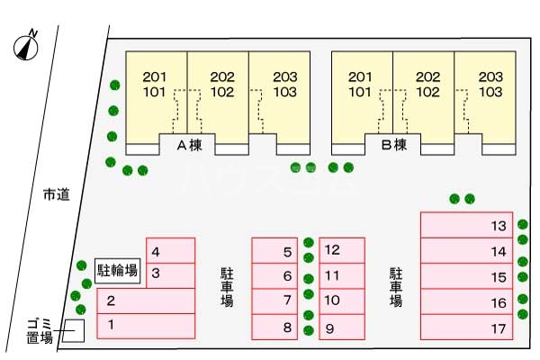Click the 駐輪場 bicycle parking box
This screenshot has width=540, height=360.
pyautogui.click(x=118, y=269)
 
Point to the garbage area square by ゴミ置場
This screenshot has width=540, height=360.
pyautogui.click(x=72, y=330)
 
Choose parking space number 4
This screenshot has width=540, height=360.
pyautogui.click(x=171, y=251)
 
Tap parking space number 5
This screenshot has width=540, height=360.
pyautogui.click(x=274, y=251)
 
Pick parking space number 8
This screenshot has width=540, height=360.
pyautogui.click(x=274, y=327)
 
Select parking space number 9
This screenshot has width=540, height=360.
pyautogui.click(x=341, y=327)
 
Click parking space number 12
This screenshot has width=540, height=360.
pyautogui.click(x=341, y=250)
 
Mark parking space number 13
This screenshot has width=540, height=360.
pyautogui.click(x=466, y=225)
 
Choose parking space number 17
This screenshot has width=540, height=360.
pyautogui.click(x=466, y=328)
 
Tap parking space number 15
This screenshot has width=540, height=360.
pyautogui.click(x=466, y=277)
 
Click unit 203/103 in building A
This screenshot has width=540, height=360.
pyautogui.click(x=280, y=85)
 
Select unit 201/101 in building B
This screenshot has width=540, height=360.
pyautogui.click(x=362, y=85)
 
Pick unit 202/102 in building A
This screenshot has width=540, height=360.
pyautogui.click(x=218, y=85)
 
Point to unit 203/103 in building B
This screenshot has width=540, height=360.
pyautogui.click(x=487, y=85)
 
